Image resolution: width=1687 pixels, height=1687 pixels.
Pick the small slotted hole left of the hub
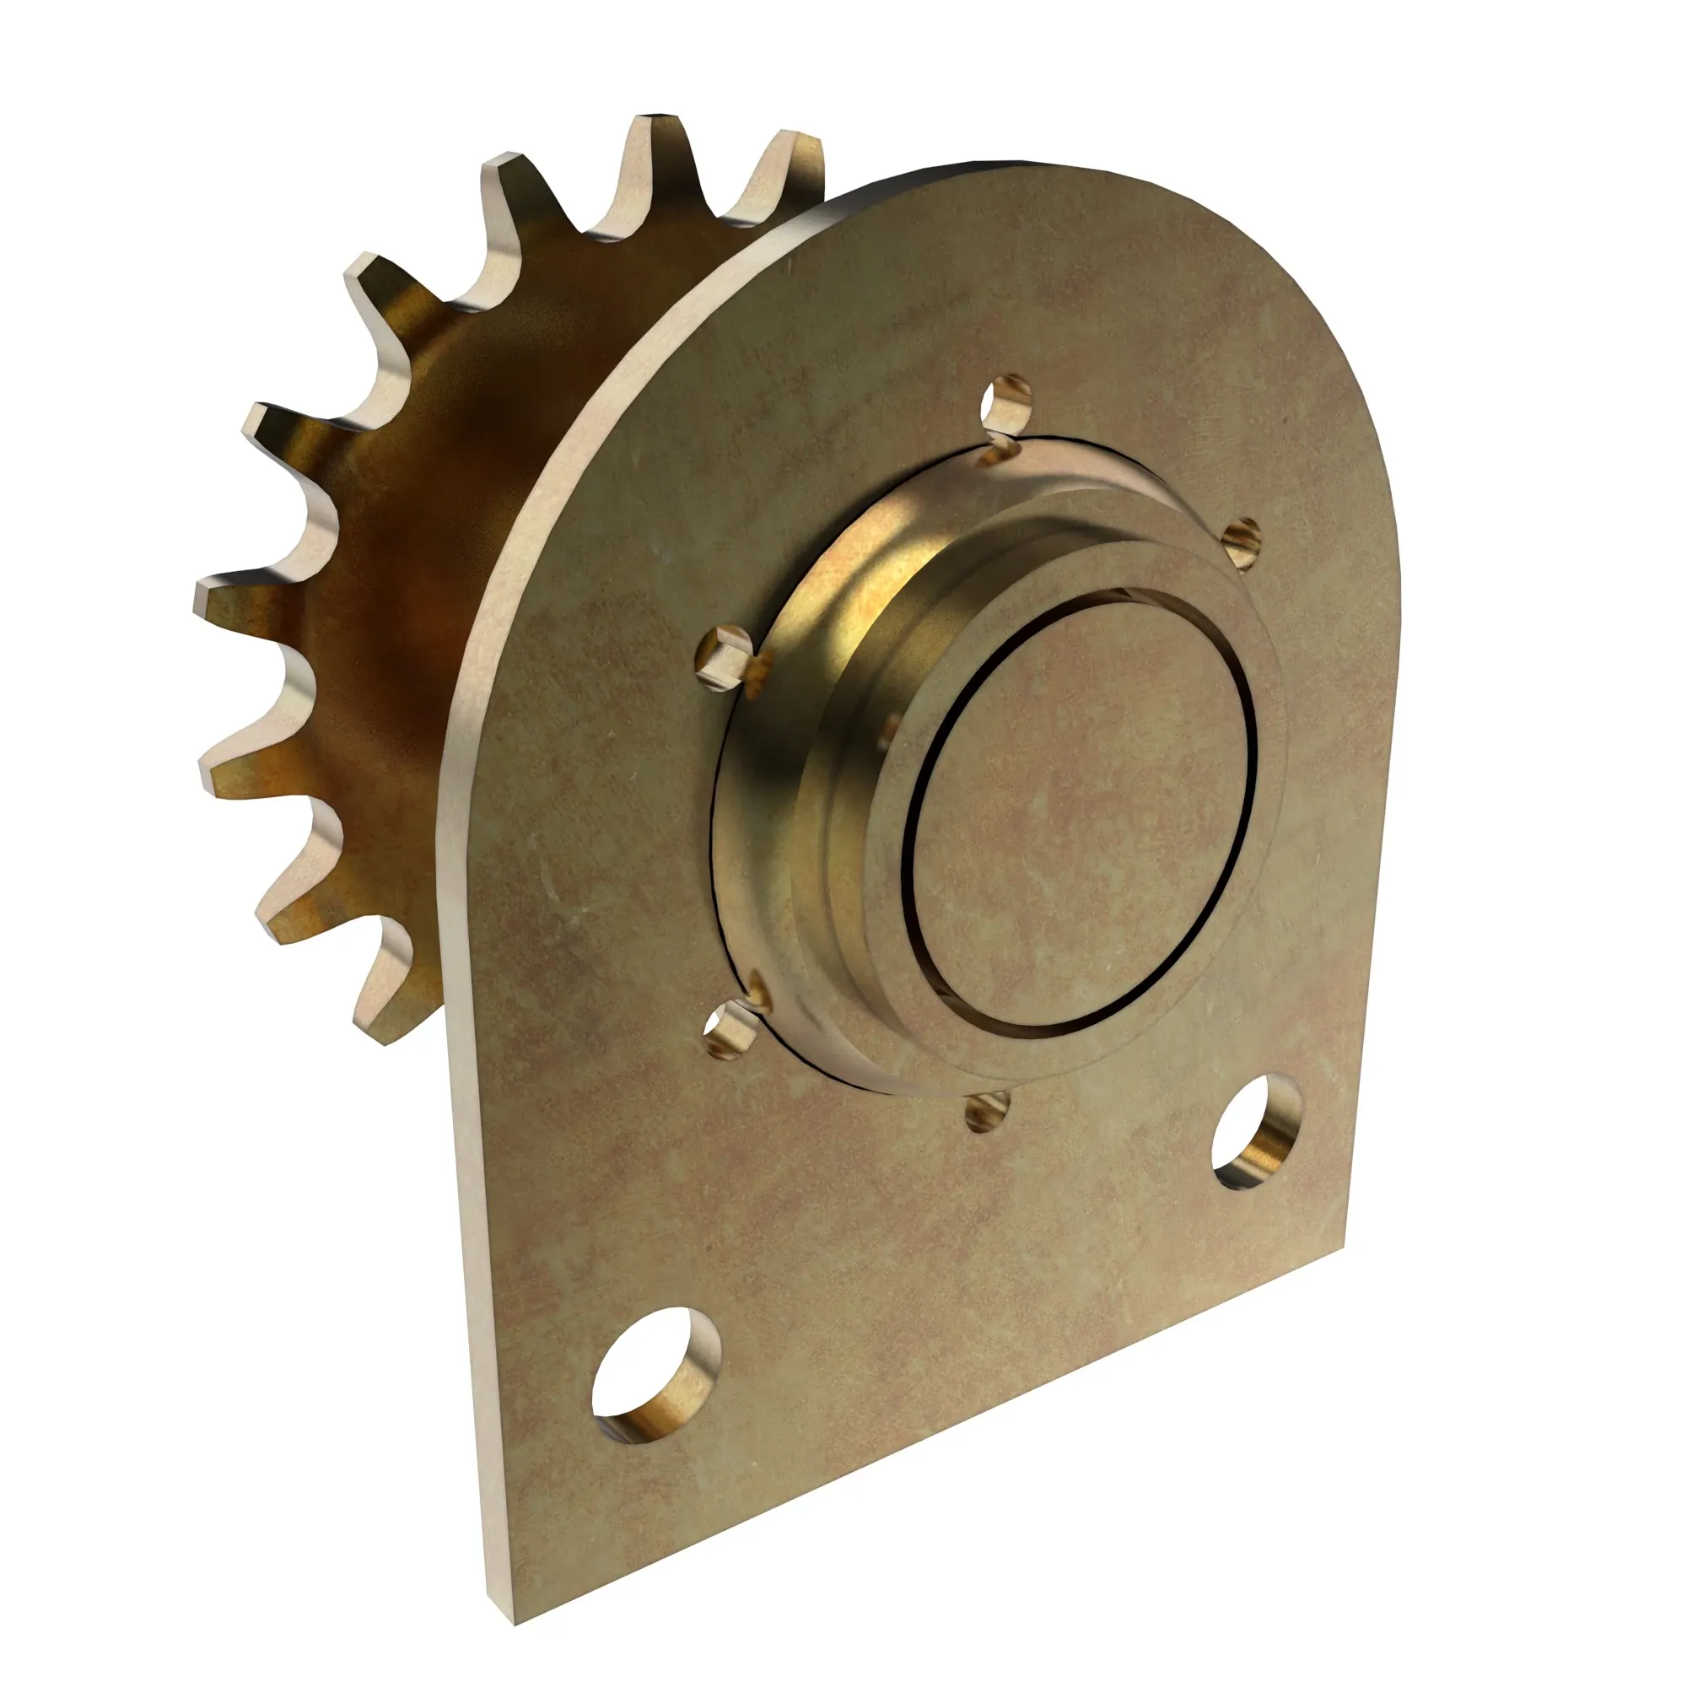click(723, 653)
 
